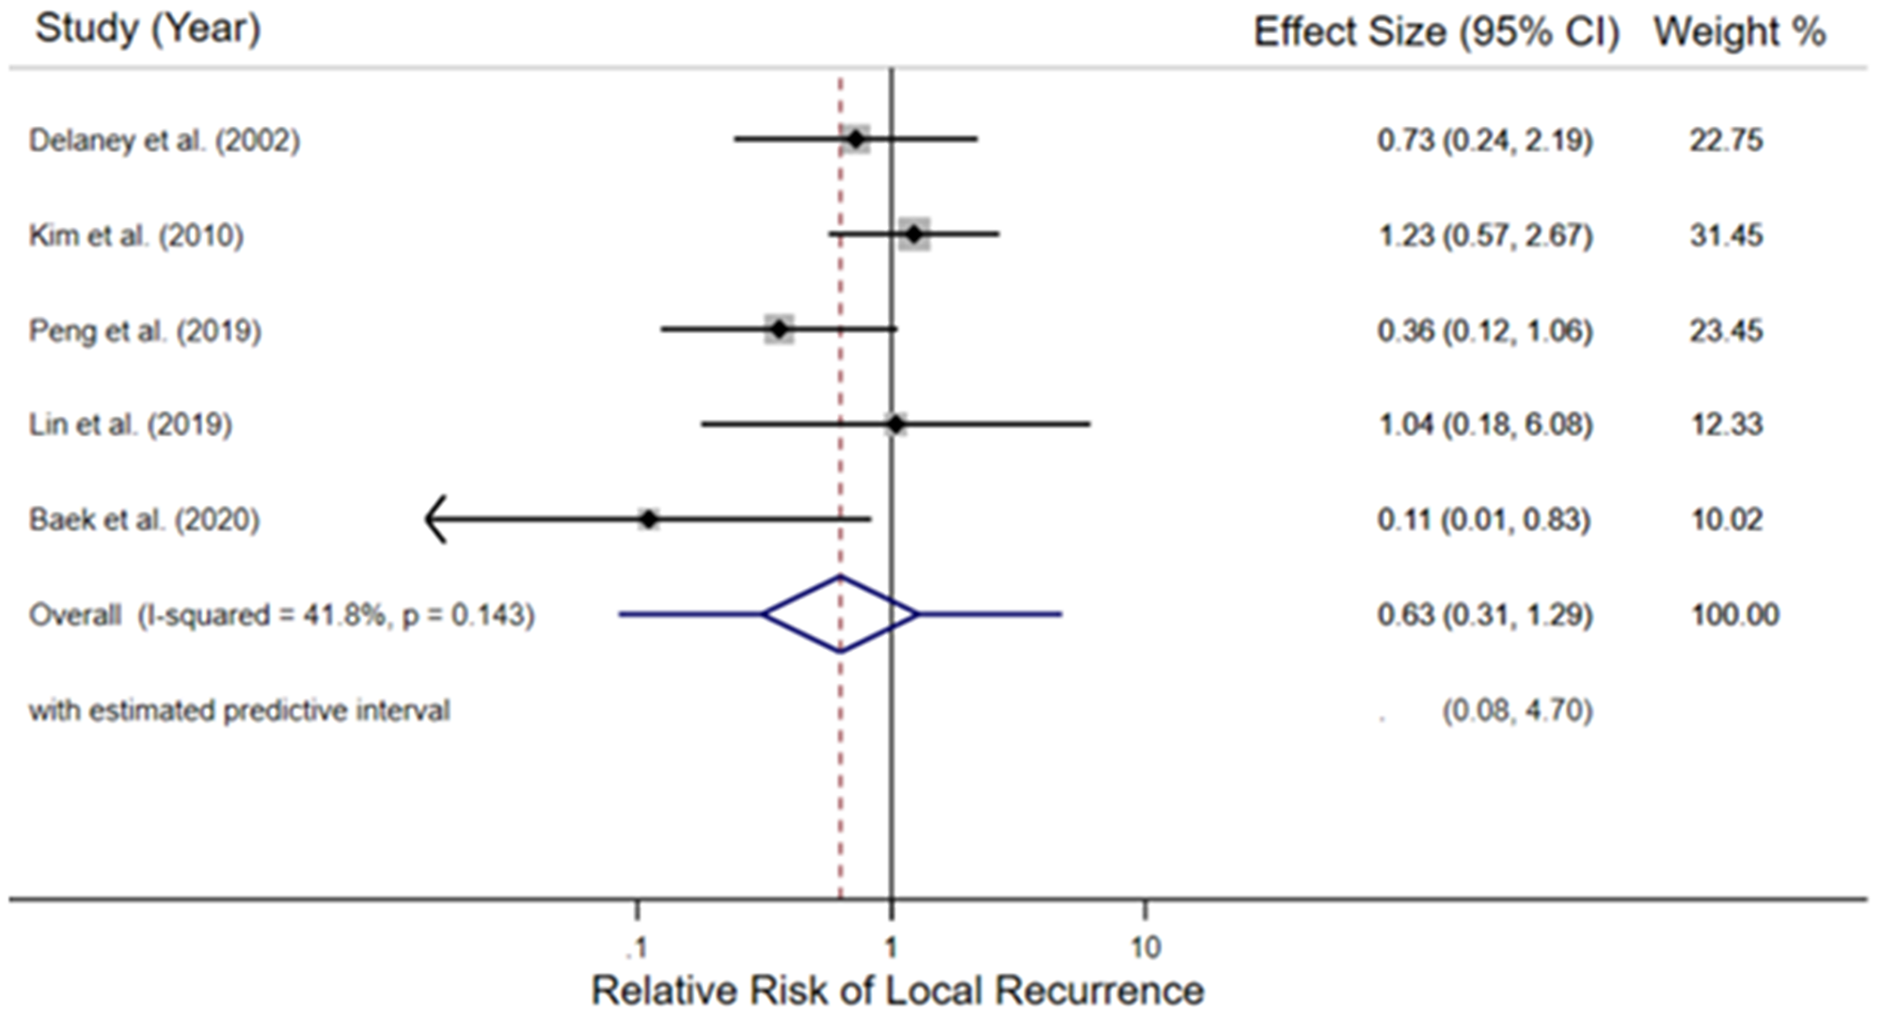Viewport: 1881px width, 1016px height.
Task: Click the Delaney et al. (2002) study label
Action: [x=165, y=141]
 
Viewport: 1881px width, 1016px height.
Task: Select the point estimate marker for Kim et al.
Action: [x=914, y=234]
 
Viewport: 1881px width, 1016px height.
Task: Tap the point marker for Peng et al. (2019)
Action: [x=779, y=330]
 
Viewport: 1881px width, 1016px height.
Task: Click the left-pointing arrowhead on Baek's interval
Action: [x=435, y=519]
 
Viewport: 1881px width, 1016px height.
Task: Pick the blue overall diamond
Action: [x=840, y=614]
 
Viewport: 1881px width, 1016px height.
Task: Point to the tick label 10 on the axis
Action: [x=1145, y=946]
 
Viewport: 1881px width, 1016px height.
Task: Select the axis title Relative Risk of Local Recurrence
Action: [x=897, y=991]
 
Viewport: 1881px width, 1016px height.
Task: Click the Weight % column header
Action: [x=1739, y=32]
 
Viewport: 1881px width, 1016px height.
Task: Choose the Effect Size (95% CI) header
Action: [x=1436, y=32]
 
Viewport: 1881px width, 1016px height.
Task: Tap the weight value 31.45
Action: [x=1726, y=235]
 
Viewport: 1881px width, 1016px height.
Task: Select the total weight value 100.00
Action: [x=1734, y=615]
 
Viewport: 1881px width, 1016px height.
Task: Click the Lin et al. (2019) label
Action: [x=131, y=424]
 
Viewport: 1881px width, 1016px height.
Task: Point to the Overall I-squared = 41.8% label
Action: [x=281, y=615]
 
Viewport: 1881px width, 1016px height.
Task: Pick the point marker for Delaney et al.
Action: [x=855, y=140]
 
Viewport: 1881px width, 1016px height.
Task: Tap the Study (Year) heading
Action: [x=148, y=28]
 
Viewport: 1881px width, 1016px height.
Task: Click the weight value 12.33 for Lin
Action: [x=1726, y=424]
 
